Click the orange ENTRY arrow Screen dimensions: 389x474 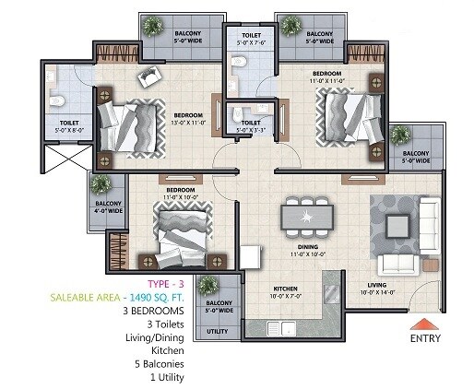click(x=425, y=323)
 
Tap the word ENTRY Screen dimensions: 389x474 click(x=425, y=337)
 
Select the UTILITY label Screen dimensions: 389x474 click(x=218, y=329)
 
